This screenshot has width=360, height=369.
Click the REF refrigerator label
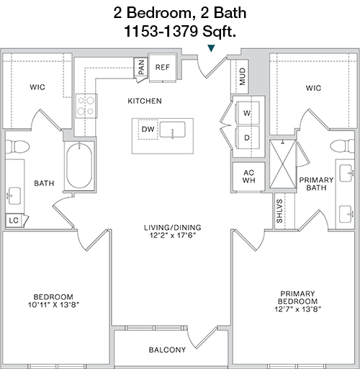[x=163, y=67]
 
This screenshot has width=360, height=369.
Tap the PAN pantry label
[x=142, y=67]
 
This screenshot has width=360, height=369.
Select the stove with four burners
[x=86, y=106]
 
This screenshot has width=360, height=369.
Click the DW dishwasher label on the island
[x=148, y=129]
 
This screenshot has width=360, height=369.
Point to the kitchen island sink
[x=172, y=130]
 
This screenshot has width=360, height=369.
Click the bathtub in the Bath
[x=79, y=166]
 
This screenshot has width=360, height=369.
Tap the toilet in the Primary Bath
[x=342, y=146]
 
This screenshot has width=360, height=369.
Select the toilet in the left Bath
[x=17, y=146]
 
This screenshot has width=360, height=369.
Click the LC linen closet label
[x=14, y=221]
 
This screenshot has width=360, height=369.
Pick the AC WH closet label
[x=249, y=177]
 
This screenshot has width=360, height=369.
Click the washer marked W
[x=248, y=113]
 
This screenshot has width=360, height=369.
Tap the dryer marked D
[x=248, y=138]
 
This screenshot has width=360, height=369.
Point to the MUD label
[x=243, y=76]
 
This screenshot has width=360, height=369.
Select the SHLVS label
[x=279, y=211]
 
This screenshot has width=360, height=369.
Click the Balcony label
[x=167, y=350]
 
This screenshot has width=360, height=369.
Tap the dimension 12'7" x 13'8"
[x=298, y=309]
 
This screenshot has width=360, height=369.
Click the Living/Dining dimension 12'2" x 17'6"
[x=173, y=235]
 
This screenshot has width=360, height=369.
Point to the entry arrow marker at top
[x=211, y=48]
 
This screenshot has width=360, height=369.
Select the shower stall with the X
[x=283, y=164]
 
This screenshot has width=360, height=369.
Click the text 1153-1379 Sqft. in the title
[x=180, y=31]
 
